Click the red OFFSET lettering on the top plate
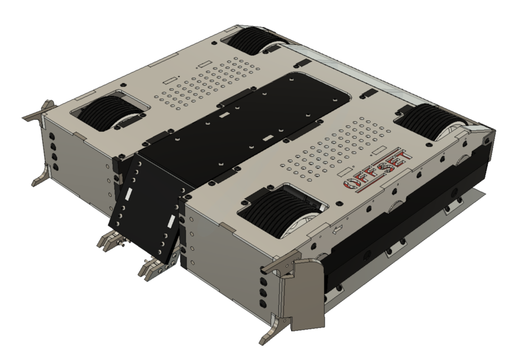tap(378, 168)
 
